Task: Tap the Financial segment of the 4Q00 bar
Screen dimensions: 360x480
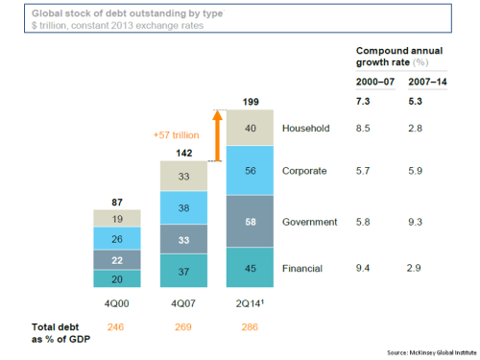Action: (117, 277)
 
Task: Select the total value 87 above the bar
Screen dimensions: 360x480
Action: (117, 201)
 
